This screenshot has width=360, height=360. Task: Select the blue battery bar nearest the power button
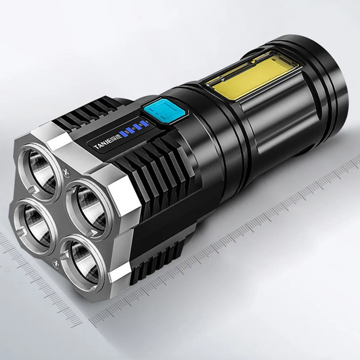144,124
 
